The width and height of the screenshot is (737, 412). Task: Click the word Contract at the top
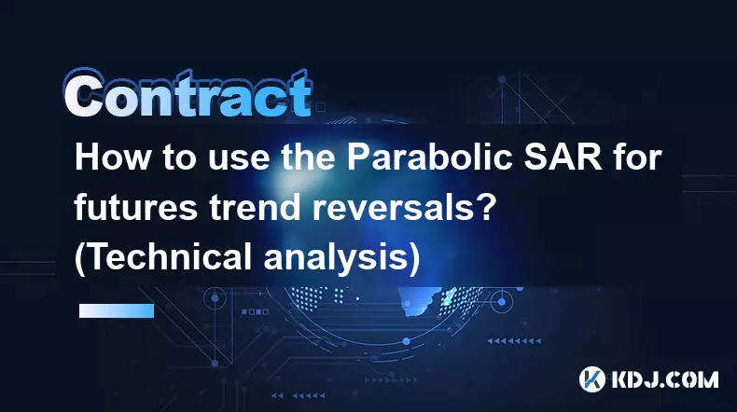(x=188, y=93)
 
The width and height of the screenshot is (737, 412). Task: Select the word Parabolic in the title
(x=429, y=158)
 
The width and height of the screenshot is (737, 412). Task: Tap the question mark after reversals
(x=486, y=207)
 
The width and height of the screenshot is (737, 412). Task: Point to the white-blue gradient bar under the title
(x=117, y=310)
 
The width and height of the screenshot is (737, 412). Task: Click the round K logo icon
(x=592, y=379)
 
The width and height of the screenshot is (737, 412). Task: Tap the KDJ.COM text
(x=664, y=379)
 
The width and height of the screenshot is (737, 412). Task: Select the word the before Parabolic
(x=308, y=158)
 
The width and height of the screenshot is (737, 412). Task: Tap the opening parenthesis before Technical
(x=80, y=259)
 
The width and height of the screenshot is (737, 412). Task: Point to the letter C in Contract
(x=83, y=93)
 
